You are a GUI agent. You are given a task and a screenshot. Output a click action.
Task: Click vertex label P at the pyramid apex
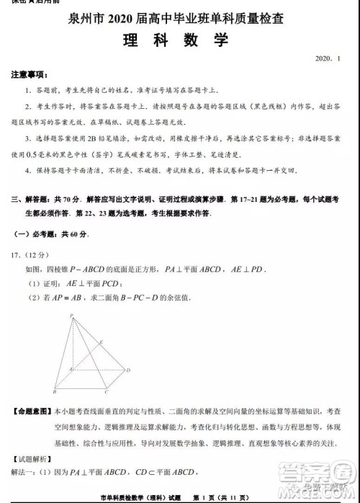71,316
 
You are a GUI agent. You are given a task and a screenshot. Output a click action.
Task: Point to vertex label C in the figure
106,392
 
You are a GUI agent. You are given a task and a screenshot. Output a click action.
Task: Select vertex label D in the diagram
128,370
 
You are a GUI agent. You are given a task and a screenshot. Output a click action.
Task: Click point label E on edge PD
102,341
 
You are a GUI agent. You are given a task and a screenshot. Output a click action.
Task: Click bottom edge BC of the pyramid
81,388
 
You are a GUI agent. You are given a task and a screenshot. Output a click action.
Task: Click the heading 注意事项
30,75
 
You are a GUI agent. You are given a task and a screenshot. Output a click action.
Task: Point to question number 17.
17,254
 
